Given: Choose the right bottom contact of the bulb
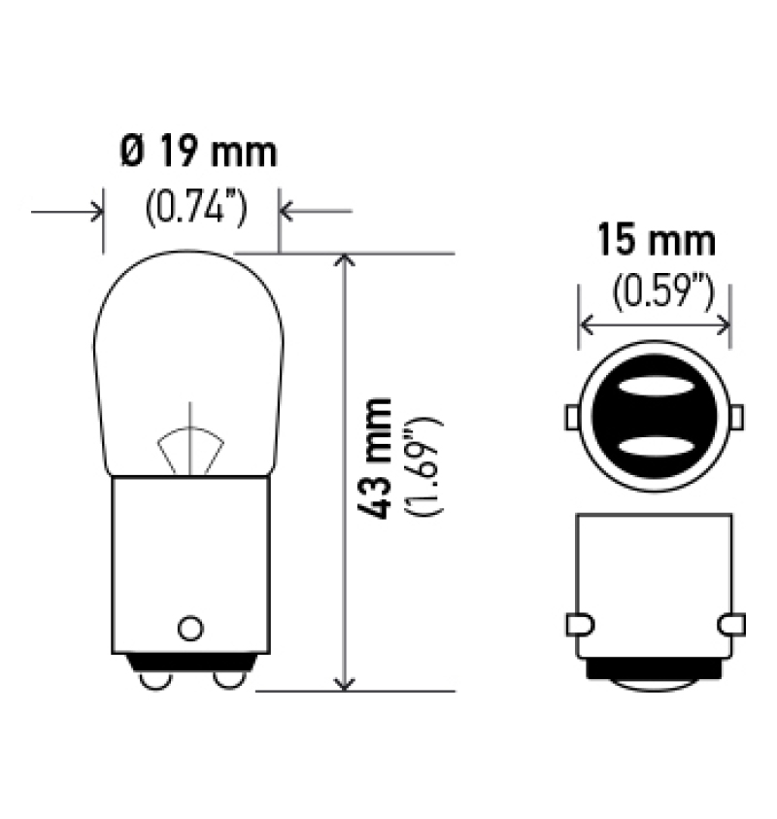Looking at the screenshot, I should [x=229, y=681].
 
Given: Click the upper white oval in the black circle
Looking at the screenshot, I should [x=654, y=388].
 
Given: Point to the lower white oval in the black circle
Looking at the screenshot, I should [x=654, y=448].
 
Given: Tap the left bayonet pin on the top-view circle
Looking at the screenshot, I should [x=571, y=417].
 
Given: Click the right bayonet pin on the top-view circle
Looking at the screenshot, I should [x=736, y=417].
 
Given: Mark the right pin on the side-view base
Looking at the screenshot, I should [x=732, y=623].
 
